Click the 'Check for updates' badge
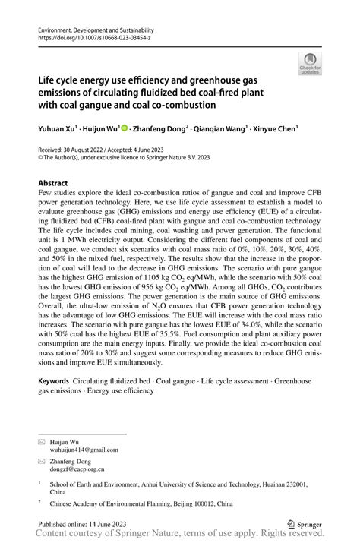pyautogui.click(x=311, y=64)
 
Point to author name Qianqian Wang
pyautogui.click(x=222, y=129)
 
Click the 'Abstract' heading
pyautogui.click(x=52, y=184)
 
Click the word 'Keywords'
pyautogui.click(x=55, y=380)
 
